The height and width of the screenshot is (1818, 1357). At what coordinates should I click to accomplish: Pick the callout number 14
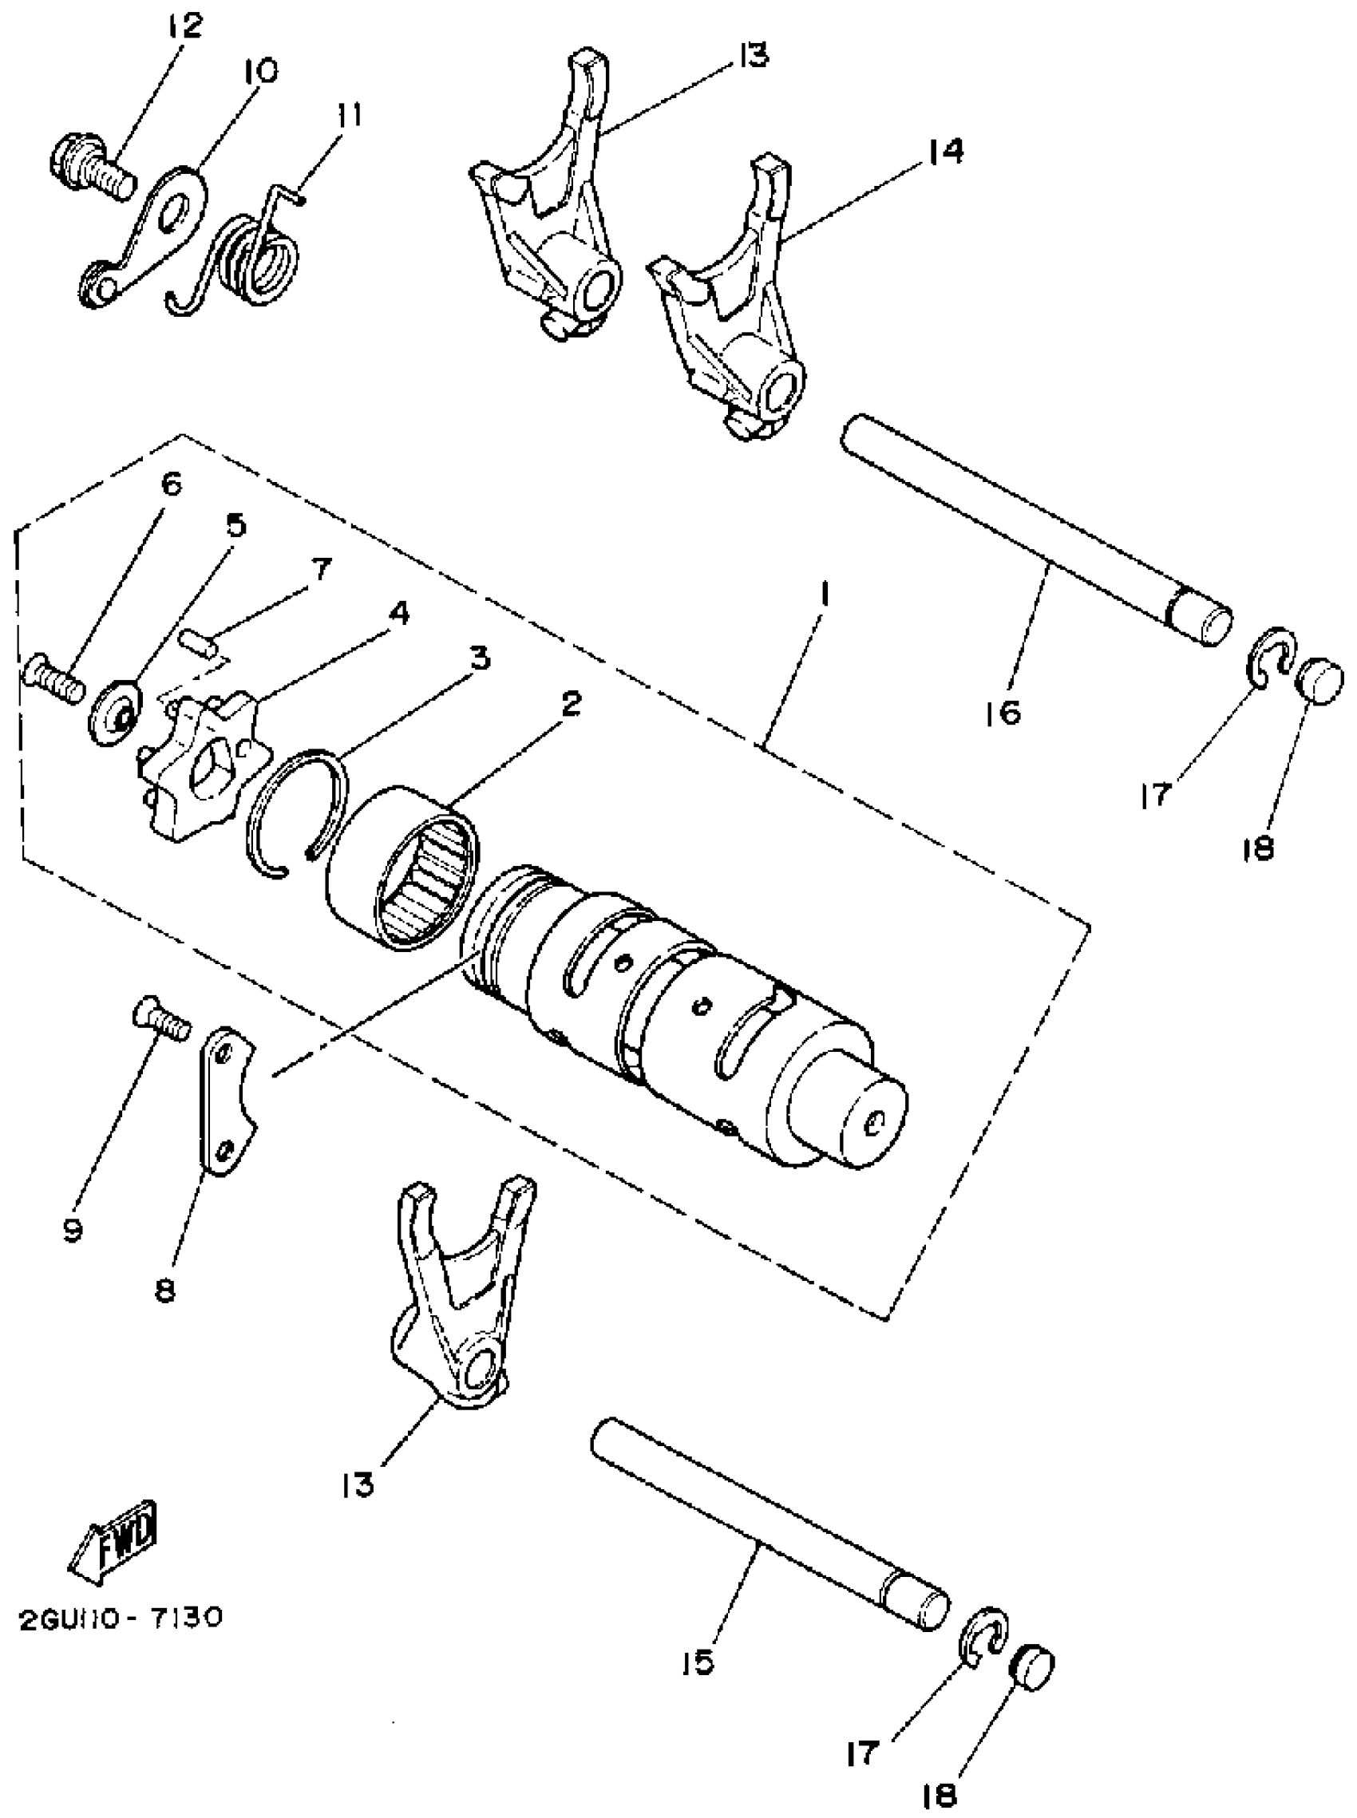946,151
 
